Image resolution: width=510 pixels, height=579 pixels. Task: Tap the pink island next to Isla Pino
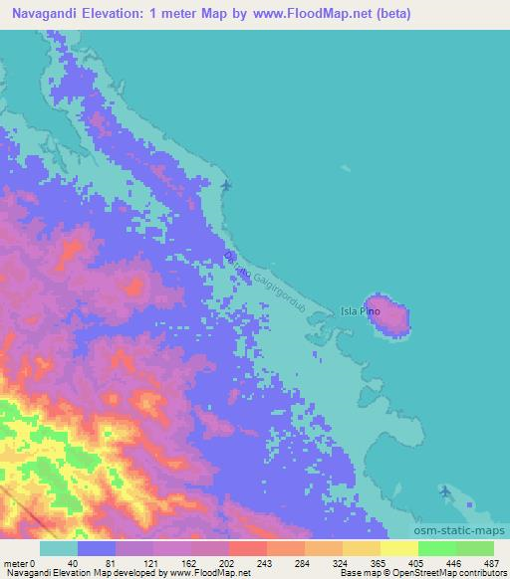[x=388, y=314]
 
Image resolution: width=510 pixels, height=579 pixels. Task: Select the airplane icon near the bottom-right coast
[x=444, y=492]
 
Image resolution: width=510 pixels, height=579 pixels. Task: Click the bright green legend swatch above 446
[x=436, y=547]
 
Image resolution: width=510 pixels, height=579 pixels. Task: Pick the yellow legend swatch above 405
[x=399, y=547]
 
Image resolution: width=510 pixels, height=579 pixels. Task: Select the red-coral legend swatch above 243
[x=248, y=547]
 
